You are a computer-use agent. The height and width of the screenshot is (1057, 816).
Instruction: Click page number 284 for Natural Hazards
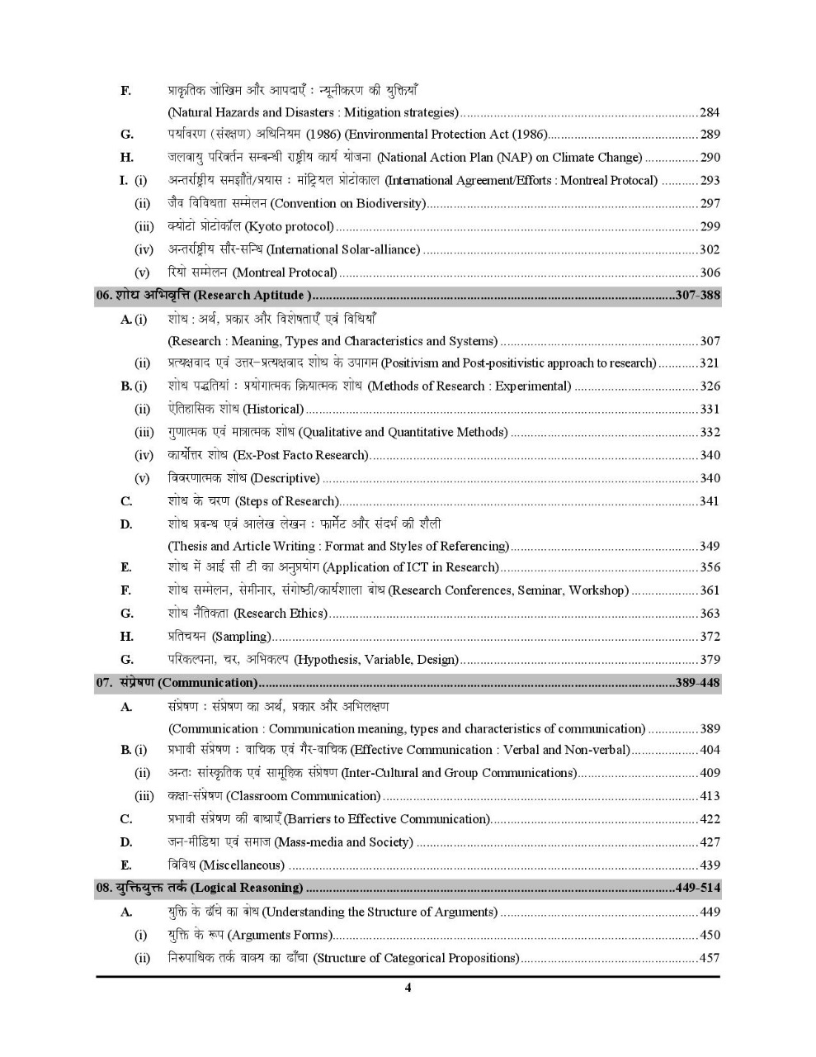click(710, 112)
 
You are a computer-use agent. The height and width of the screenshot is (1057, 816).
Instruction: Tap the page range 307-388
click(697, 296)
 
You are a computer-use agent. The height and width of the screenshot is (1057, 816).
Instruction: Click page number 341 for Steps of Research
click(710, 501)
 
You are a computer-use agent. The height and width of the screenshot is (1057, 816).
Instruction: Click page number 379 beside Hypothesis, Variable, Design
click(710, 660)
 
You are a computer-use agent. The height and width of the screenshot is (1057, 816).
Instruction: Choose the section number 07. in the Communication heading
click(104, 683)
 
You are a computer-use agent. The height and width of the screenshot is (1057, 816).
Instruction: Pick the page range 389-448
click(697, 683)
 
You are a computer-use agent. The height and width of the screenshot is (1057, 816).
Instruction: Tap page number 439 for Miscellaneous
click(710, 865)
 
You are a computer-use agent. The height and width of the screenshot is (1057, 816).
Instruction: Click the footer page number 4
click(408, 988)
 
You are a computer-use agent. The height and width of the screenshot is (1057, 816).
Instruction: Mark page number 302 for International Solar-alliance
click(710, 249)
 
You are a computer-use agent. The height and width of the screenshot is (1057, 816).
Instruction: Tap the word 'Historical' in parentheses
click(274, 409)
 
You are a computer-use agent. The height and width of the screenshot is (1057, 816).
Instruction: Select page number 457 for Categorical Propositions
click(710, 958)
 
